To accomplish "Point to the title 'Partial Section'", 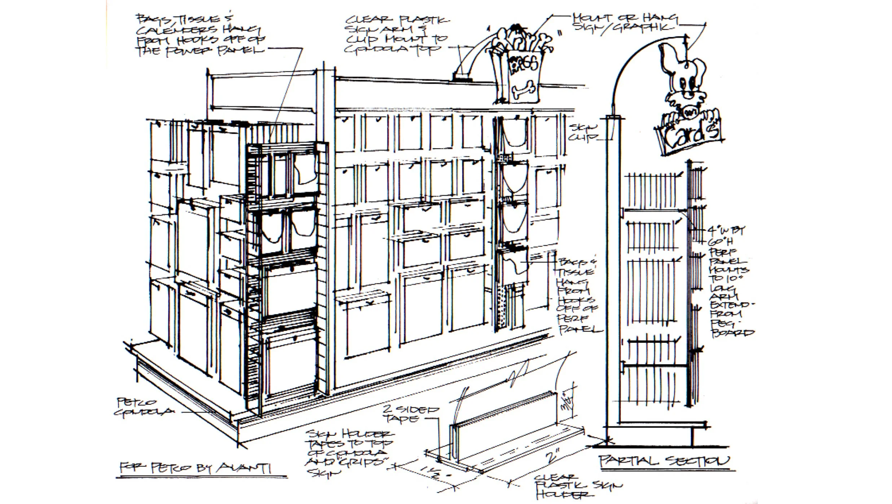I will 664,461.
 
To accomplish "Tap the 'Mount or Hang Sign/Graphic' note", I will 624,22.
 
